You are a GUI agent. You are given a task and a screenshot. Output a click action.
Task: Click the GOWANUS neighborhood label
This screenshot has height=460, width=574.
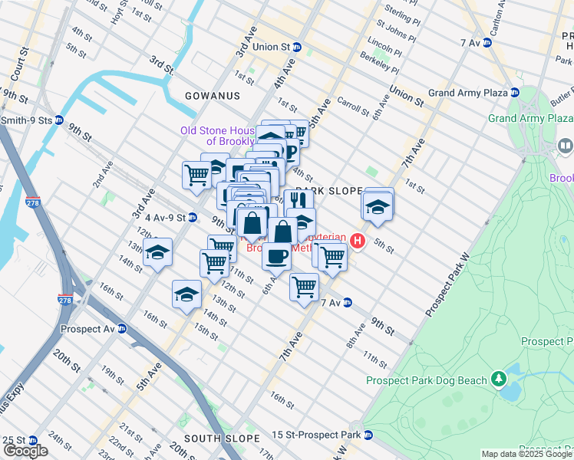point(212,96)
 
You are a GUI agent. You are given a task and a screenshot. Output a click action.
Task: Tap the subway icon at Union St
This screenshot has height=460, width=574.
point(297,47)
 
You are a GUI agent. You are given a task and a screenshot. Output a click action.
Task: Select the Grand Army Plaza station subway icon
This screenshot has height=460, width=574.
point(515,93)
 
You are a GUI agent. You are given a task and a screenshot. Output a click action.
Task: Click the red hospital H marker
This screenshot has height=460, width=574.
point(357,242)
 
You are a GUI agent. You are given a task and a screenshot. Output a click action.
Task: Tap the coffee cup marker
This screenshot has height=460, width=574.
point(276,255)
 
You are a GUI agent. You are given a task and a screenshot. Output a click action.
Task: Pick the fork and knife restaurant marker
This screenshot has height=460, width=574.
point(299,202)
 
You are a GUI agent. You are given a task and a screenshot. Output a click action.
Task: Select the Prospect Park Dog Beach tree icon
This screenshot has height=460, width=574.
point(499,378)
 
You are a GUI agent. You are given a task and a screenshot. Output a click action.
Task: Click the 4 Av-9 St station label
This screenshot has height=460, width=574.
point(165,218)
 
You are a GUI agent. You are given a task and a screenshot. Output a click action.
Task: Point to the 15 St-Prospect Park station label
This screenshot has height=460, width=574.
point(315,435)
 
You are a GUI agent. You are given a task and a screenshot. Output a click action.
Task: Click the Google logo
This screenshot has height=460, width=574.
point(25,451)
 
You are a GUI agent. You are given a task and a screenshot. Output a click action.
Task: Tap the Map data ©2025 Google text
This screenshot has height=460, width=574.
point(526,454)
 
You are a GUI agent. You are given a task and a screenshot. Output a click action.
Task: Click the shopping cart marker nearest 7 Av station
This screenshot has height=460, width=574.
point(304,287)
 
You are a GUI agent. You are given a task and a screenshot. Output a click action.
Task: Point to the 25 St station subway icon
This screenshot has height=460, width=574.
point(32,441)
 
